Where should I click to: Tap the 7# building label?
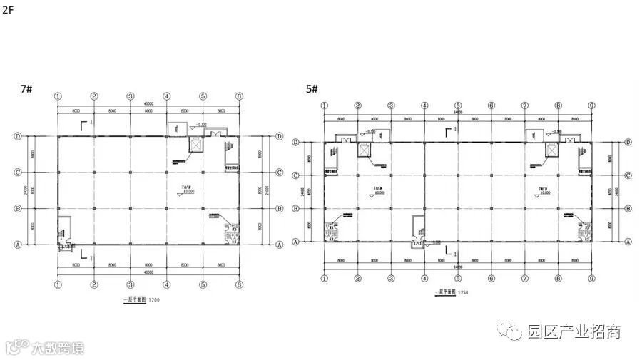27,88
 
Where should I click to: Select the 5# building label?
312,88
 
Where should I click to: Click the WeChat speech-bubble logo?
512,331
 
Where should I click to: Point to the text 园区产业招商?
574,331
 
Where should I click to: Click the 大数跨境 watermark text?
58,349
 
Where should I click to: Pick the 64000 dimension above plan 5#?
458,112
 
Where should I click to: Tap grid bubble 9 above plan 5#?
591,106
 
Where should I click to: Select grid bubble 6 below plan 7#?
240,283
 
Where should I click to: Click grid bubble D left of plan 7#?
18,136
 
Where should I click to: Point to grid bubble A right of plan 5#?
627,242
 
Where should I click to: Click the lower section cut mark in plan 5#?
447,251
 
